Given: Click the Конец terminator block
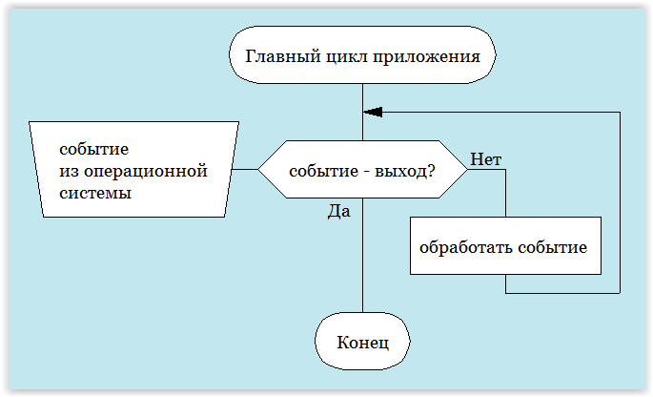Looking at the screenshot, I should coord(362,341).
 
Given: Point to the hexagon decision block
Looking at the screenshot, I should coord(362,170).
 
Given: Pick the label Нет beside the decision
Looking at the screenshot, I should coord(486,159).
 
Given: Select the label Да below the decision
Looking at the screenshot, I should coord(338,211).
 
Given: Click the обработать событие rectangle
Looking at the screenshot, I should coord(505,246).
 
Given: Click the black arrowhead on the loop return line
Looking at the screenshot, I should coord(373,112).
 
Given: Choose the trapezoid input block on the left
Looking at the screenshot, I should coord(133,170).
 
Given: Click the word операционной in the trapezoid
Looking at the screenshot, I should coord(145,171).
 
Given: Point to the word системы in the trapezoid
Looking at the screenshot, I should coord(94,192).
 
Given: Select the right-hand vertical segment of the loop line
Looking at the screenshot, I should coord(620,200).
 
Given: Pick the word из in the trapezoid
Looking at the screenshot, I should coord(69,171).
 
